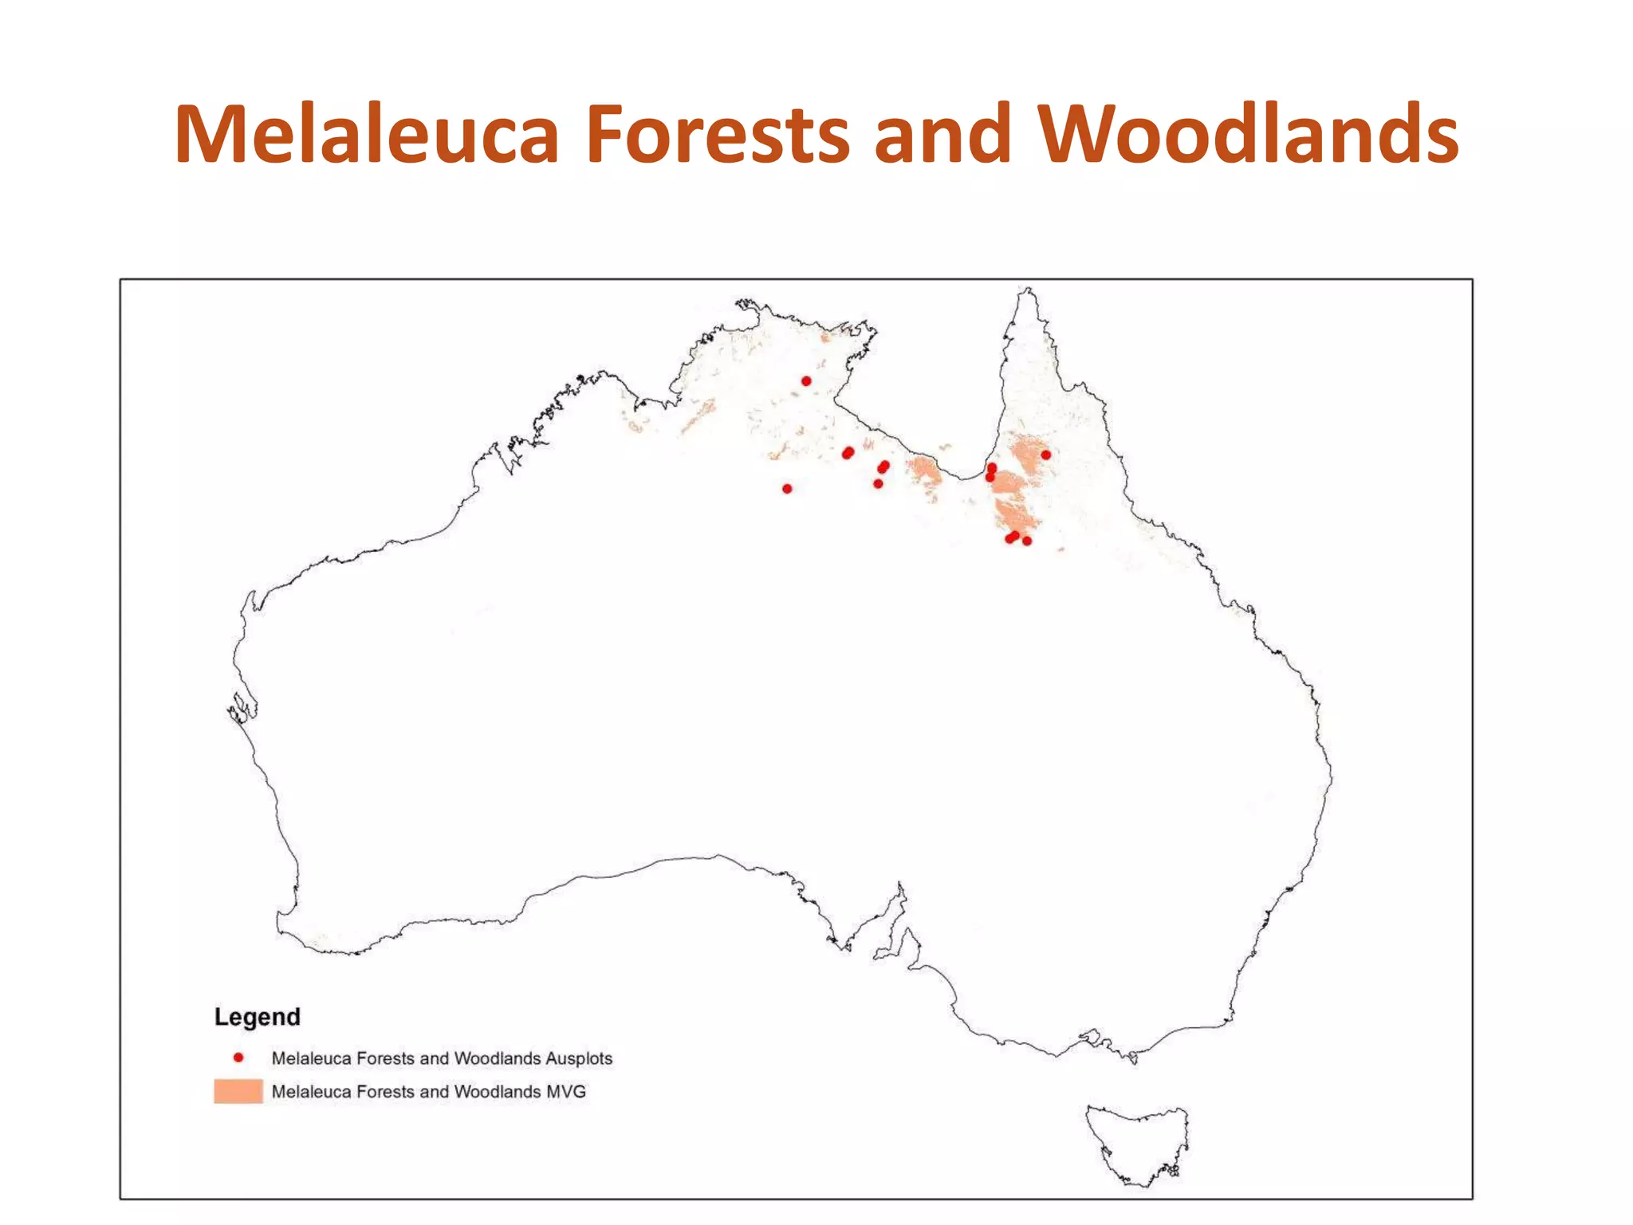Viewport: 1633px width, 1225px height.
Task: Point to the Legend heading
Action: (x=258, y=1017)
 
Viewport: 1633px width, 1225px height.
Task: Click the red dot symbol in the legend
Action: (x=238, y=1058)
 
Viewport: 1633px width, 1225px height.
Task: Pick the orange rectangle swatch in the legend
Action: (x=238, y=1091)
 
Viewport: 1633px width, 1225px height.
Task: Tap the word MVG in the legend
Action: (x=566, y=1092)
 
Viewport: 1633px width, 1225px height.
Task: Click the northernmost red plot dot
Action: (x=806, y=381)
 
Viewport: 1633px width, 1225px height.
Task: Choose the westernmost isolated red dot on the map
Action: (x=787, y=489)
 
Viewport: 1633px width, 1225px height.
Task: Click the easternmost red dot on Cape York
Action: (x=1046, y=455)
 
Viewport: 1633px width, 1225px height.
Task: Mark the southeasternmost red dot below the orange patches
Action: (x=1027, y=541)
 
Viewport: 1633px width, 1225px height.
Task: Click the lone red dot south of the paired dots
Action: (x=878, y=484)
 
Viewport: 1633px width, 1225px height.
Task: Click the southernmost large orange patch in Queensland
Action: (x=1017, y=514)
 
